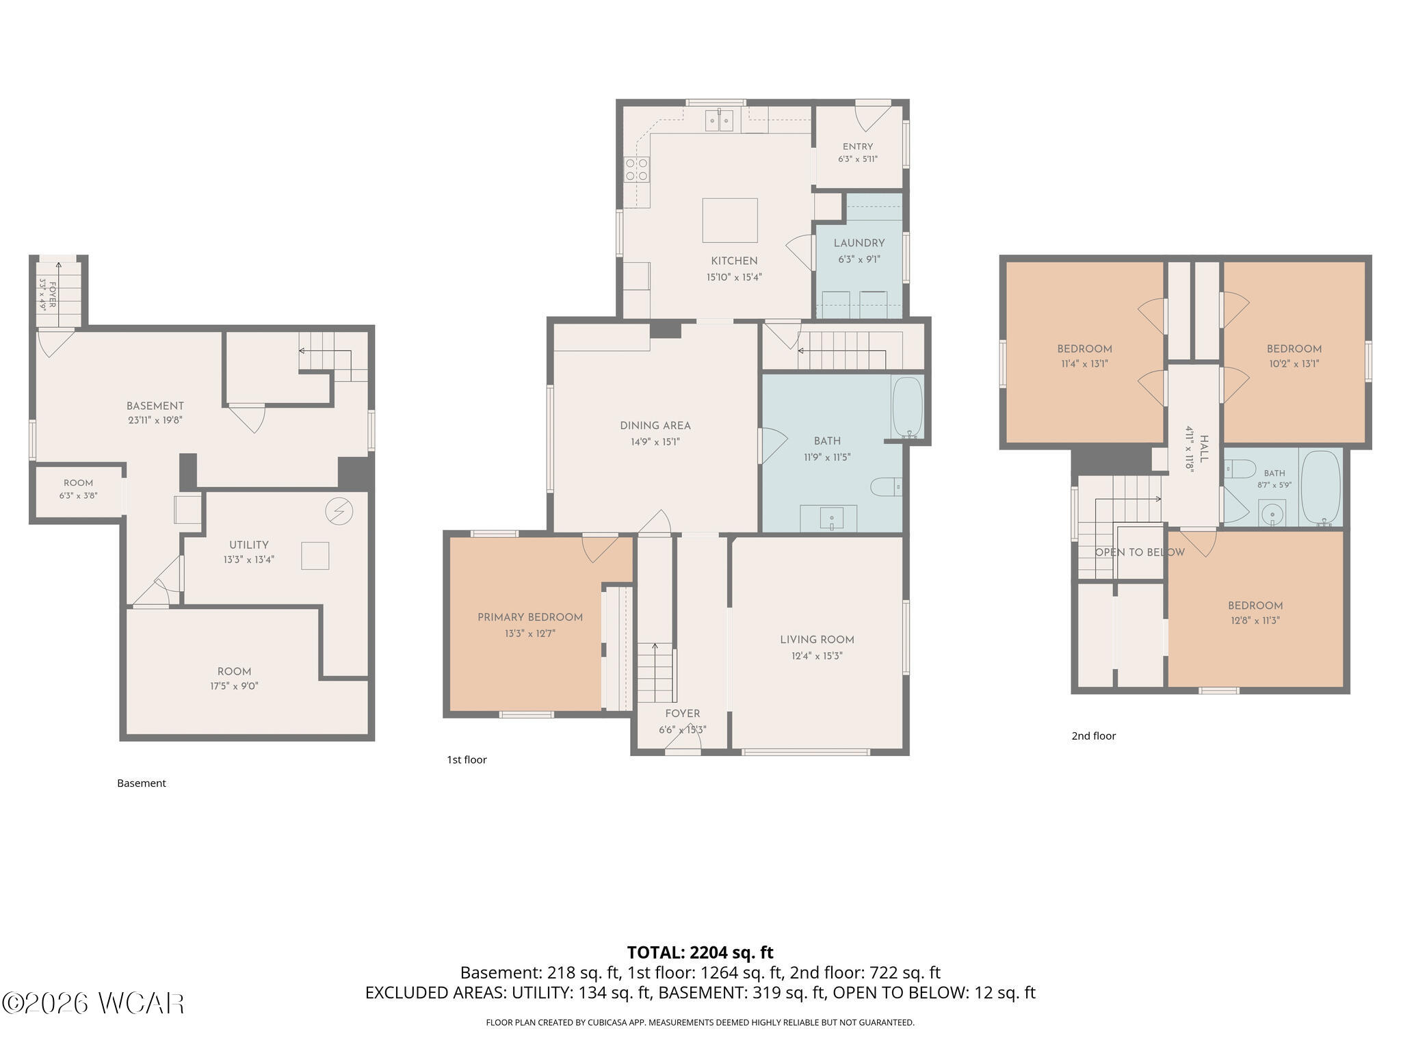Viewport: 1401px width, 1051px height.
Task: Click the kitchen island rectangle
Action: click(730, 220)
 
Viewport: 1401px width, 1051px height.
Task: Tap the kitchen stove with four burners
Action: click(637, 169)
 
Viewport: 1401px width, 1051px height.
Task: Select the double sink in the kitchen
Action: click(720, 120)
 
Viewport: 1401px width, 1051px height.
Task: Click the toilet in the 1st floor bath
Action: click(887, 486)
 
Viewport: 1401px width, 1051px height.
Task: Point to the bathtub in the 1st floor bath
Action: click(908, 407)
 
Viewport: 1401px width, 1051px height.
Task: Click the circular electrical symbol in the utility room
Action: click(339, 512)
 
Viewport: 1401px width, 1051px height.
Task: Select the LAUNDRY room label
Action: click(859, 243)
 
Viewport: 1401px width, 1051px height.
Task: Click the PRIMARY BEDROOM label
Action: click(530, 617)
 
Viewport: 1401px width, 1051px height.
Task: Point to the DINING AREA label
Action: click(655, 426)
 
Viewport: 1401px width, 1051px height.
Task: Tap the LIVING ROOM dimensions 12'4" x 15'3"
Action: click(817, 656)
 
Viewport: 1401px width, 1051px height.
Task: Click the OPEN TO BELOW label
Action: click(1140, 552)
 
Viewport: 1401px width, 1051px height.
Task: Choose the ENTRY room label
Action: click(858, 146)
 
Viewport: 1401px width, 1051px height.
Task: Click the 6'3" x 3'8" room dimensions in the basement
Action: click(79, 495)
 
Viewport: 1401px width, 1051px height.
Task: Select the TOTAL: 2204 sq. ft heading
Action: click(700, 952)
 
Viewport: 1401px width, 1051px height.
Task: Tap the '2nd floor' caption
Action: click(1093, 736)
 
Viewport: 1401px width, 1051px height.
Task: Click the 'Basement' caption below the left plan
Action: click(142, 783)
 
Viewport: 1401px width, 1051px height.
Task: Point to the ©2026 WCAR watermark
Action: click(93, 1003)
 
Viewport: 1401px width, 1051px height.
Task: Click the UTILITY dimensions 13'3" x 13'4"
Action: click(248, 559)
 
